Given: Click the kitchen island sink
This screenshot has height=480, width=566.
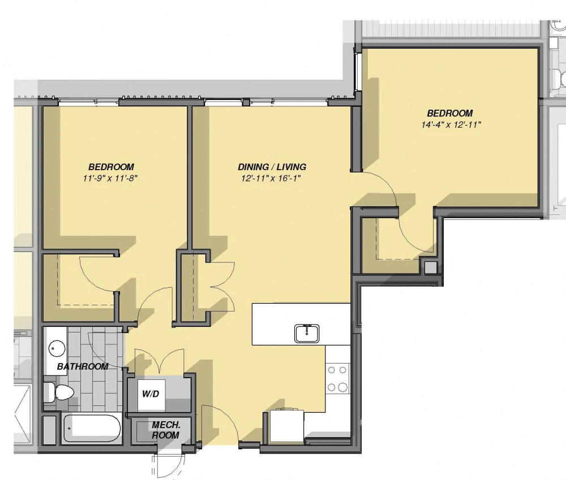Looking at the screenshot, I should [x=307, y=333].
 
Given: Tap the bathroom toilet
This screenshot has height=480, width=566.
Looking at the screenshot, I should [x=60, y=391].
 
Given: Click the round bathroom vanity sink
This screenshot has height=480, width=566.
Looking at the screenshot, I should [x=56, y=348].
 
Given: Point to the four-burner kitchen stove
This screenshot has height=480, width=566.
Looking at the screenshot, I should [x=338, y=378].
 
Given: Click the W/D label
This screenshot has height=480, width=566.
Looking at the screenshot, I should [x=150, y=392].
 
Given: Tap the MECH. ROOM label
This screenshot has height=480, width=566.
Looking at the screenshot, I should [x=165, y=430].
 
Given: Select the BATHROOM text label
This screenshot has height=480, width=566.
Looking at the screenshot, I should [x=83, y=366].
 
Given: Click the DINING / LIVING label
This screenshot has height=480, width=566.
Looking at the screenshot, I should [x=272, y=167].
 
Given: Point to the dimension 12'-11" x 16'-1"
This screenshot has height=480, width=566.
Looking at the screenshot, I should [x=272, y=179].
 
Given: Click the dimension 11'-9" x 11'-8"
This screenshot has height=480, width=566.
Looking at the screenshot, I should [x=111, y=179].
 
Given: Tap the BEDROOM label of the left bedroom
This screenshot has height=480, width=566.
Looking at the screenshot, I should [x=111, y=167].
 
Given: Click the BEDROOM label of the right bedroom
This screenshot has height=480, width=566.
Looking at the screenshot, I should [x=450, y=113].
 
